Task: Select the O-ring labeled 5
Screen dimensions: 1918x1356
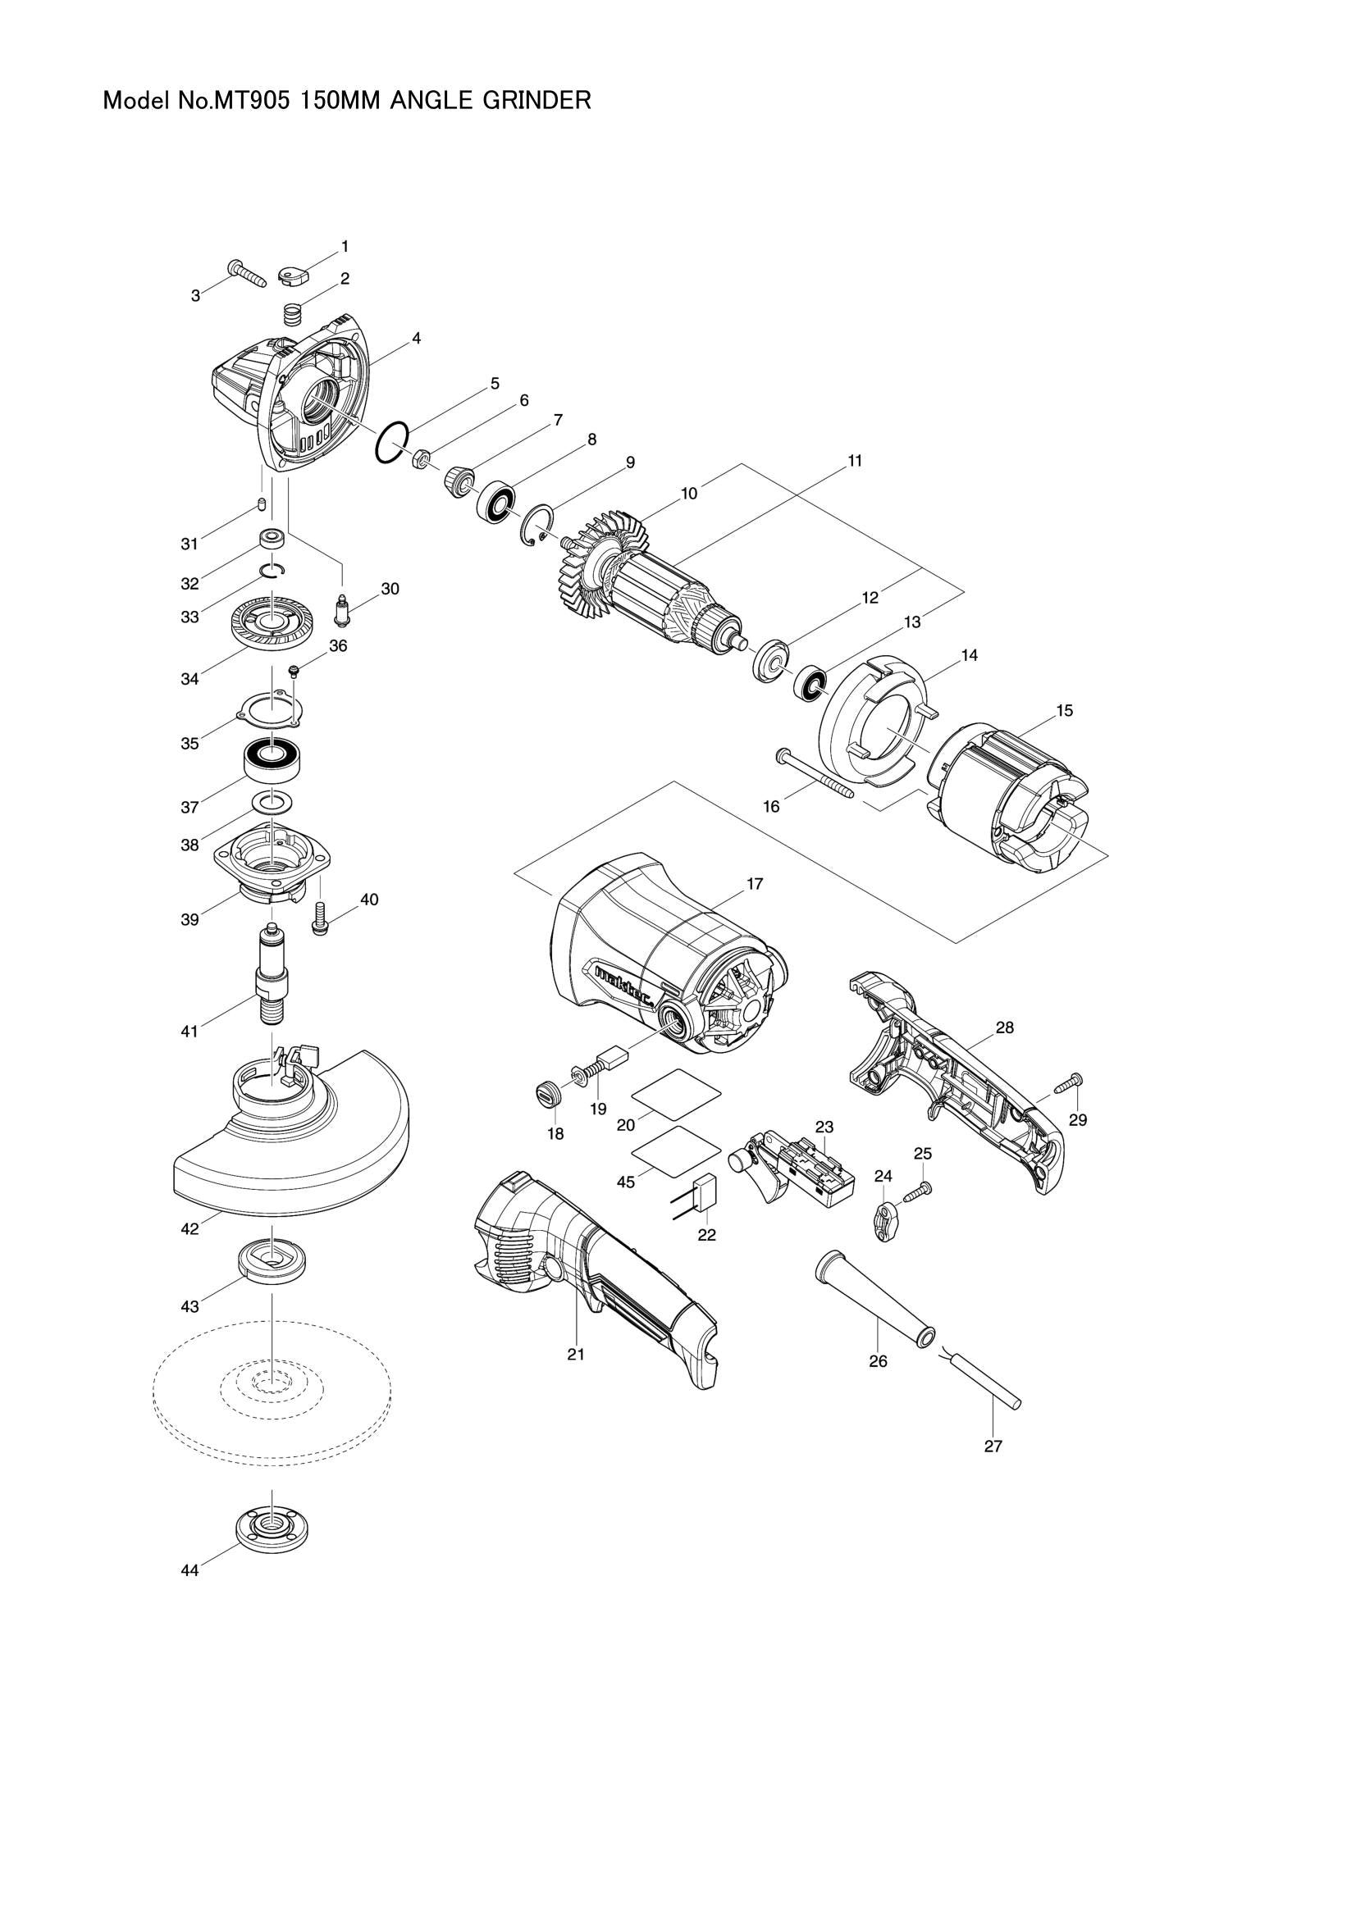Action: pyautogui.click(x=392, y=442)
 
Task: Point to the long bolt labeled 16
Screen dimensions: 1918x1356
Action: pyautogui.click(x=814, y=772)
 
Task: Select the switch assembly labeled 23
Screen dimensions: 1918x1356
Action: pyautogui.click(x=798, y=1168)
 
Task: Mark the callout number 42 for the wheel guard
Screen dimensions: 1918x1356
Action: pyautogui.click(x=189, y=1229)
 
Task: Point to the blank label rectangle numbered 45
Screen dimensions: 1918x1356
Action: pyautogui.click(x=678, y=1152)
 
